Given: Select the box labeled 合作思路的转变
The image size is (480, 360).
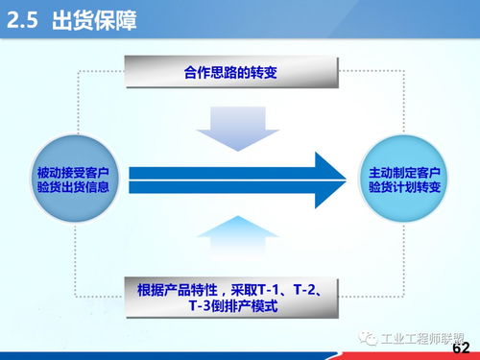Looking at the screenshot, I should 231,72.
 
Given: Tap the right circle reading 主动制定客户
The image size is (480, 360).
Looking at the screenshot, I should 403,180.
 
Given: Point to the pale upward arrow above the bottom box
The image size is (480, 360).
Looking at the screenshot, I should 231,236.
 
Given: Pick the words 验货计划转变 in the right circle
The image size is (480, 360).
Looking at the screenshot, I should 403,188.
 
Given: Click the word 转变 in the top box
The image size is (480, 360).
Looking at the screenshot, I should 265,72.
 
